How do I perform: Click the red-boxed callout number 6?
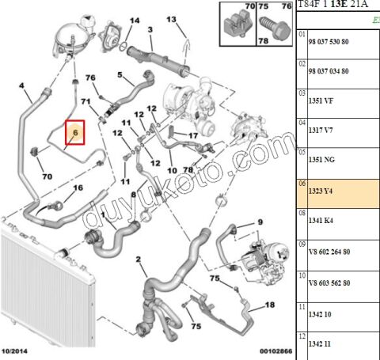[x=75, y=132]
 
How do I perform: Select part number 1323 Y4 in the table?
[x=321, y=191]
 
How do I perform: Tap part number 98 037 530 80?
[x=329, y=42]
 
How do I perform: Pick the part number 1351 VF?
[x=321, y=100]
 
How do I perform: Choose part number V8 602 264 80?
[x=329, y=252]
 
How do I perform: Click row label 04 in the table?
[x=302, y=123]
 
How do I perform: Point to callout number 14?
[x=135, y=21]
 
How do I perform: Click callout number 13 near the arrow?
[x=171, y=19]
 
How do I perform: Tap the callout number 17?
[x=193, y=135]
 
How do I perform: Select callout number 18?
[x=270, y=305]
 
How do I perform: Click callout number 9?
[x=260, y=222]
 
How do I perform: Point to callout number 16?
[x=78, y=188]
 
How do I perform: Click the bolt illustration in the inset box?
[x=275, y=28]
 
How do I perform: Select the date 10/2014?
[x=14, y=351]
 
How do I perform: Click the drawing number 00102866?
[x=276, y=351]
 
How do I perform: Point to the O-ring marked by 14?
[x=123, y=47]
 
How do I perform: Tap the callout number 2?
[x=139, y=260]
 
